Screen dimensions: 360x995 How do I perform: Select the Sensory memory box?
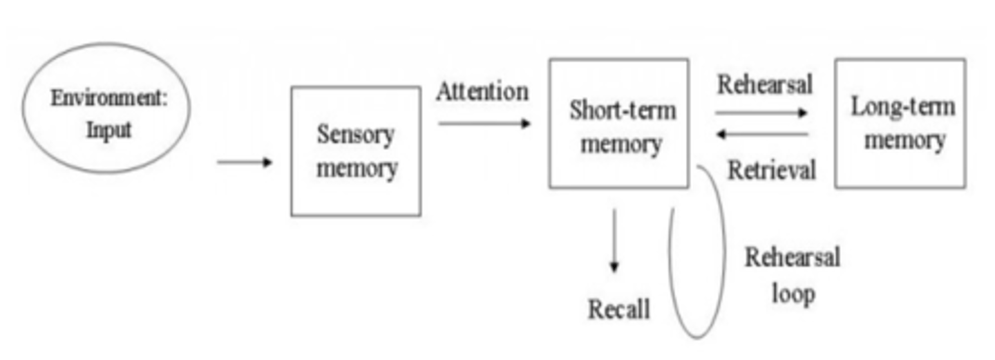356,151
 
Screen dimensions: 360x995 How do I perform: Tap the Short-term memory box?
618,123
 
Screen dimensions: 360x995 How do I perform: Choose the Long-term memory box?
900,123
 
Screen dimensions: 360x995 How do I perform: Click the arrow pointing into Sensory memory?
245,162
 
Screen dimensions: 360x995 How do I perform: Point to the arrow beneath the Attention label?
484,124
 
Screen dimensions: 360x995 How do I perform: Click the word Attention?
482,91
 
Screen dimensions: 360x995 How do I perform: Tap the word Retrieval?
771,169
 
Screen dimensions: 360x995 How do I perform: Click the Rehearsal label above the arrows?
765,84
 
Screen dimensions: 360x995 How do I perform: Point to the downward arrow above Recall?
614,241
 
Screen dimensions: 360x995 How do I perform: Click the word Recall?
619,309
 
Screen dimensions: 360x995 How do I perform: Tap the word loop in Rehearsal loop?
793,293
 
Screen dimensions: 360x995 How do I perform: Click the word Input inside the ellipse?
108,130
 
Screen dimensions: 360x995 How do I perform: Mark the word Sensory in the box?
355,134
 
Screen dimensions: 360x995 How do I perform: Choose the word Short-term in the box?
623,111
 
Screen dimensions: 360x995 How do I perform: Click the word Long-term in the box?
902,106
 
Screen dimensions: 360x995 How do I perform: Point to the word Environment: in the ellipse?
109,98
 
